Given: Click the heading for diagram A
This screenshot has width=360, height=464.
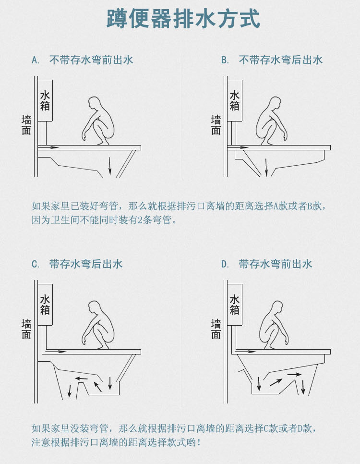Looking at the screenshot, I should [83, 60].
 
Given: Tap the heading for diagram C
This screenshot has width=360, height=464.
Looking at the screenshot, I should [77, 264].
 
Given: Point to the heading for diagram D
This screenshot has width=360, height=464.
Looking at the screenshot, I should [266, 264].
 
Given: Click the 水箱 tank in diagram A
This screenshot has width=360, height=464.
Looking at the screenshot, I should [45, 100].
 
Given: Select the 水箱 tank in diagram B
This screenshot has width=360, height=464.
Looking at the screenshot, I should [234, 100].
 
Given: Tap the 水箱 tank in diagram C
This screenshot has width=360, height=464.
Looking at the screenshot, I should [45, 305].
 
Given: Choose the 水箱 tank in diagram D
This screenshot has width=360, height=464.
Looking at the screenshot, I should [234, 305].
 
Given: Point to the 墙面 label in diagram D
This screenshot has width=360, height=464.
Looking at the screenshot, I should [216, 329].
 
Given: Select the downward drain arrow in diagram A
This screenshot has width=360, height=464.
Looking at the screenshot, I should [110, 166].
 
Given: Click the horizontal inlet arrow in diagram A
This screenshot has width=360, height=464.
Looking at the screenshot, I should [50, 147].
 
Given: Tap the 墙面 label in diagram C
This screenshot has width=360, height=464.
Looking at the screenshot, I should [26, 329].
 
